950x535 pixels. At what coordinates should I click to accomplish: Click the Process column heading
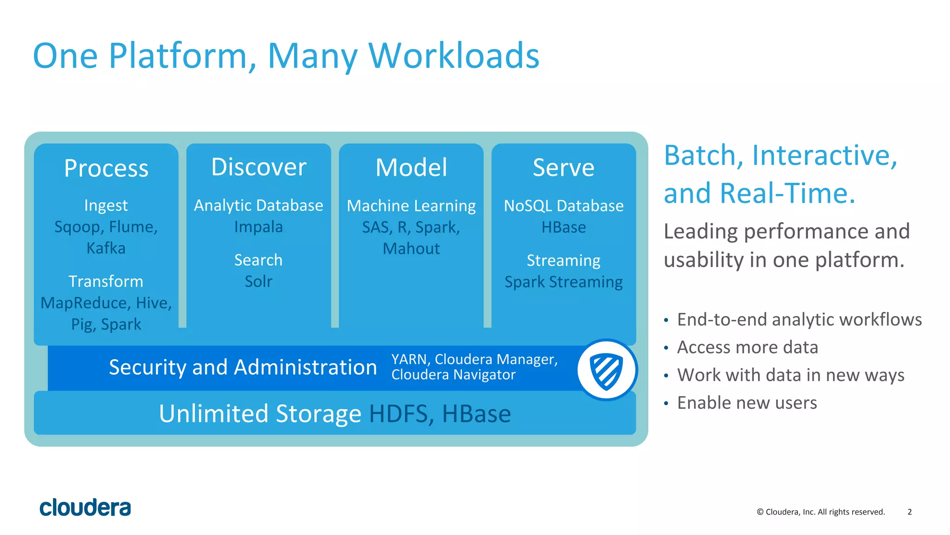(106, 168)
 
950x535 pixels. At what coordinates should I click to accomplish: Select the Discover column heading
(259, 167)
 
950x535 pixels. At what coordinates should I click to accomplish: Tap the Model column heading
(411, 168)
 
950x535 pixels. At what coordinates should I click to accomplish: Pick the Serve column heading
(564, 168)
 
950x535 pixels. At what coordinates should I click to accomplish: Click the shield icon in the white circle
(606, 371)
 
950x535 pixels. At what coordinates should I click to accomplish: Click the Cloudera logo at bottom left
(85, 508)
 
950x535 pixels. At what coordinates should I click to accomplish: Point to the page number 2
(910, 512)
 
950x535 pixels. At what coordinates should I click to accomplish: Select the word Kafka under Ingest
(106, 248)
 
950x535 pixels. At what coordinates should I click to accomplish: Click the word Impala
(258, 227)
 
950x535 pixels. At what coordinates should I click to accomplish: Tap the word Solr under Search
(258, 281)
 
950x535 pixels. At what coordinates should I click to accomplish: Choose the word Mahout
(411, 249)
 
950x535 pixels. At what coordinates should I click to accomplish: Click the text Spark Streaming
(564, 282)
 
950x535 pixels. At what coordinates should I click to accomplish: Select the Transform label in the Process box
(106, 281)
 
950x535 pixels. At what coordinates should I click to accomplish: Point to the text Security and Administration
(243, 367)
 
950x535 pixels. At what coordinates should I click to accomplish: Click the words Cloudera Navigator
(453, 375)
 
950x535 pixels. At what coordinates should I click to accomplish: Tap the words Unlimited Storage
(260, 413)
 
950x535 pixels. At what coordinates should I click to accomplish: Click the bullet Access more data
(747, 347)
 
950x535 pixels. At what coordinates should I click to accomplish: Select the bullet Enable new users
(747, 403)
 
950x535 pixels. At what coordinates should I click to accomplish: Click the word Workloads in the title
(454, 56)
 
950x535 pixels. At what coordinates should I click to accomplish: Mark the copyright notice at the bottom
(821, 512)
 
